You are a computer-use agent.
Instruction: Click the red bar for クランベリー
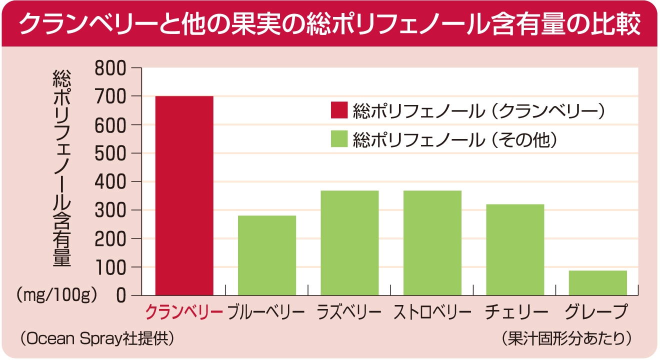184,195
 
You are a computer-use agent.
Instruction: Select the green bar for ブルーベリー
267,255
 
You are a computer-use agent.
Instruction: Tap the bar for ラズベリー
349,243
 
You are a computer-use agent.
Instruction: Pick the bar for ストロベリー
432,243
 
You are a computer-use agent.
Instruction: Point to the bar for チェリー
515,249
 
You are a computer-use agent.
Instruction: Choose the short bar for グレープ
598,283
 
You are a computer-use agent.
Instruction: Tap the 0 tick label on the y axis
120,296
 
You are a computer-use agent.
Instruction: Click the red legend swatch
338,111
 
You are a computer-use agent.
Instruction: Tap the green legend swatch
338,139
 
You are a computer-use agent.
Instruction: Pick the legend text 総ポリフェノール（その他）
454,139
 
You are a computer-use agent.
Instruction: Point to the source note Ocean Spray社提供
97,338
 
